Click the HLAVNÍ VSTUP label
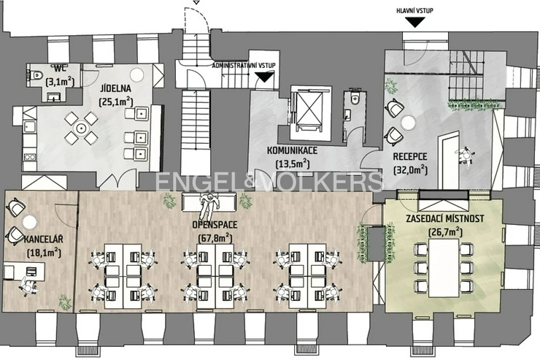point(414,10)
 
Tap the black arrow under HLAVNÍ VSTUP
point(415,23)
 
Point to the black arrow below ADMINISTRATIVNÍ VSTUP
point(264,77)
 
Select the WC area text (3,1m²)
point(60,82)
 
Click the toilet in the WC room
point(36,74)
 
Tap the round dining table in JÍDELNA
point(81,128)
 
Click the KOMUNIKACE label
point(293,150)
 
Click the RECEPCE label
point(410,156)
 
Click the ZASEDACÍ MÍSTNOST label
point(445,219)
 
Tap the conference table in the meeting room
point(444,268)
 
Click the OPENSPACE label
point(215,225)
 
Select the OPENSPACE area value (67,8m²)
point(215,238)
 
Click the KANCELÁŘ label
point(44,239)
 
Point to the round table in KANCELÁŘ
point(30,221)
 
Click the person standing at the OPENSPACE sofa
point(207,206)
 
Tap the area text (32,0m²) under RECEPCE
point(410,170)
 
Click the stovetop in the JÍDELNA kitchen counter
point(29,157)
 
